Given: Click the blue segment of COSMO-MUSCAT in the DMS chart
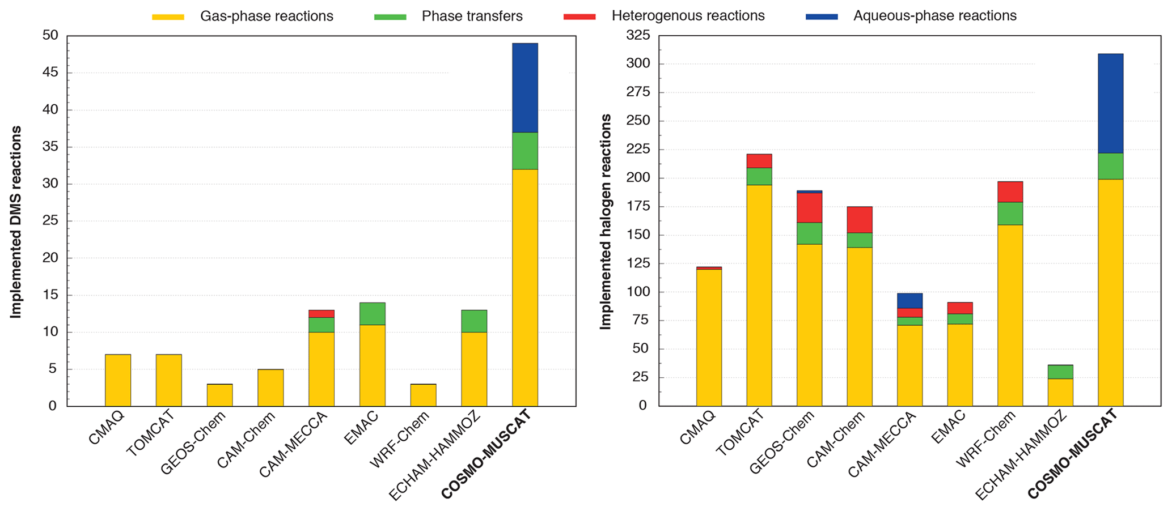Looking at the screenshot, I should point(525,88).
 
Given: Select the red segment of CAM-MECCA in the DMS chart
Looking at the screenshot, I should point(321,313).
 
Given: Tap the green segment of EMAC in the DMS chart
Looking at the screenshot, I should point(373,313).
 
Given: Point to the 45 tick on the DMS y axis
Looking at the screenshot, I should point(51,73).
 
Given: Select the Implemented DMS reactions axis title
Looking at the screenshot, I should point(16,222).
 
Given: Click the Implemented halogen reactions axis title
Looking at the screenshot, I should point(606,222).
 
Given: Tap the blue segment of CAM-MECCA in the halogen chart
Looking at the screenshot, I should point(910,300).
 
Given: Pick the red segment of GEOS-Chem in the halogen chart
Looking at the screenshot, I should point(809,207).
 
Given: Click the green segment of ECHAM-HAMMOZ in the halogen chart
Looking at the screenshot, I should point(1060,372).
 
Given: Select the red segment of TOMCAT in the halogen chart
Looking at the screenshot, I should point(759,161).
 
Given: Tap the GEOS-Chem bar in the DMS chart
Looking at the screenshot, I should point(219,395).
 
